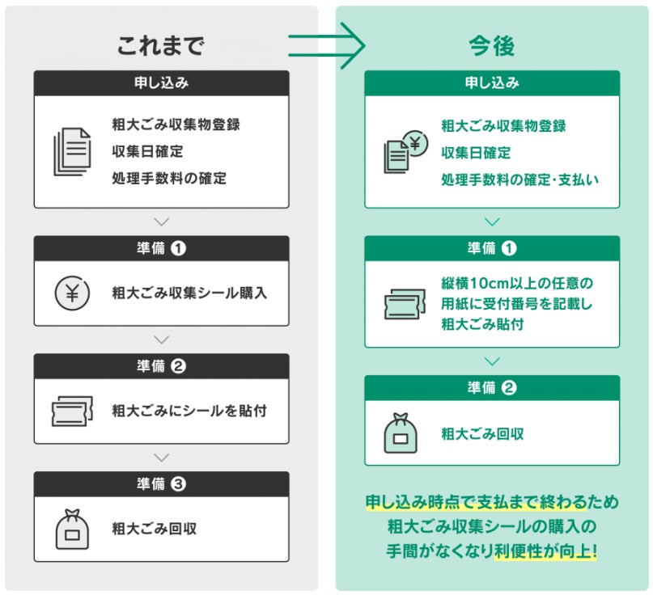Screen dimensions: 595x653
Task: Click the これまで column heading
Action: click(x=160, y=46)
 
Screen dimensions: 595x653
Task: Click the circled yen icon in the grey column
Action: click(x=72, y=293)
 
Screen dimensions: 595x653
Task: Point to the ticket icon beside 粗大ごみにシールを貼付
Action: click(x=72, y=411)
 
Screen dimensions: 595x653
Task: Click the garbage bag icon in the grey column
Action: click(x=72, y=529)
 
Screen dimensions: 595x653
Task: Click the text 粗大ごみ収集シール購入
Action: click(x=189, y=293)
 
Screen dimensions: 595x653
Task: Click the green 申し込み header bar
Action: click(x=492, y=82)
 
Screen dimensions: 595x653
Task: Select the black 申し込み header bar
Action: click(x=161, y=82)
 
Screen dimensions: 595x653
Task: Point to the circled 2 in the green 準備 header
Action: click(x=509, y=387)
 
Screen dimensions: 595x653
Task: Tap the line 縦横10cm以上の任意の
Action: click(x=517, y=284)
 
